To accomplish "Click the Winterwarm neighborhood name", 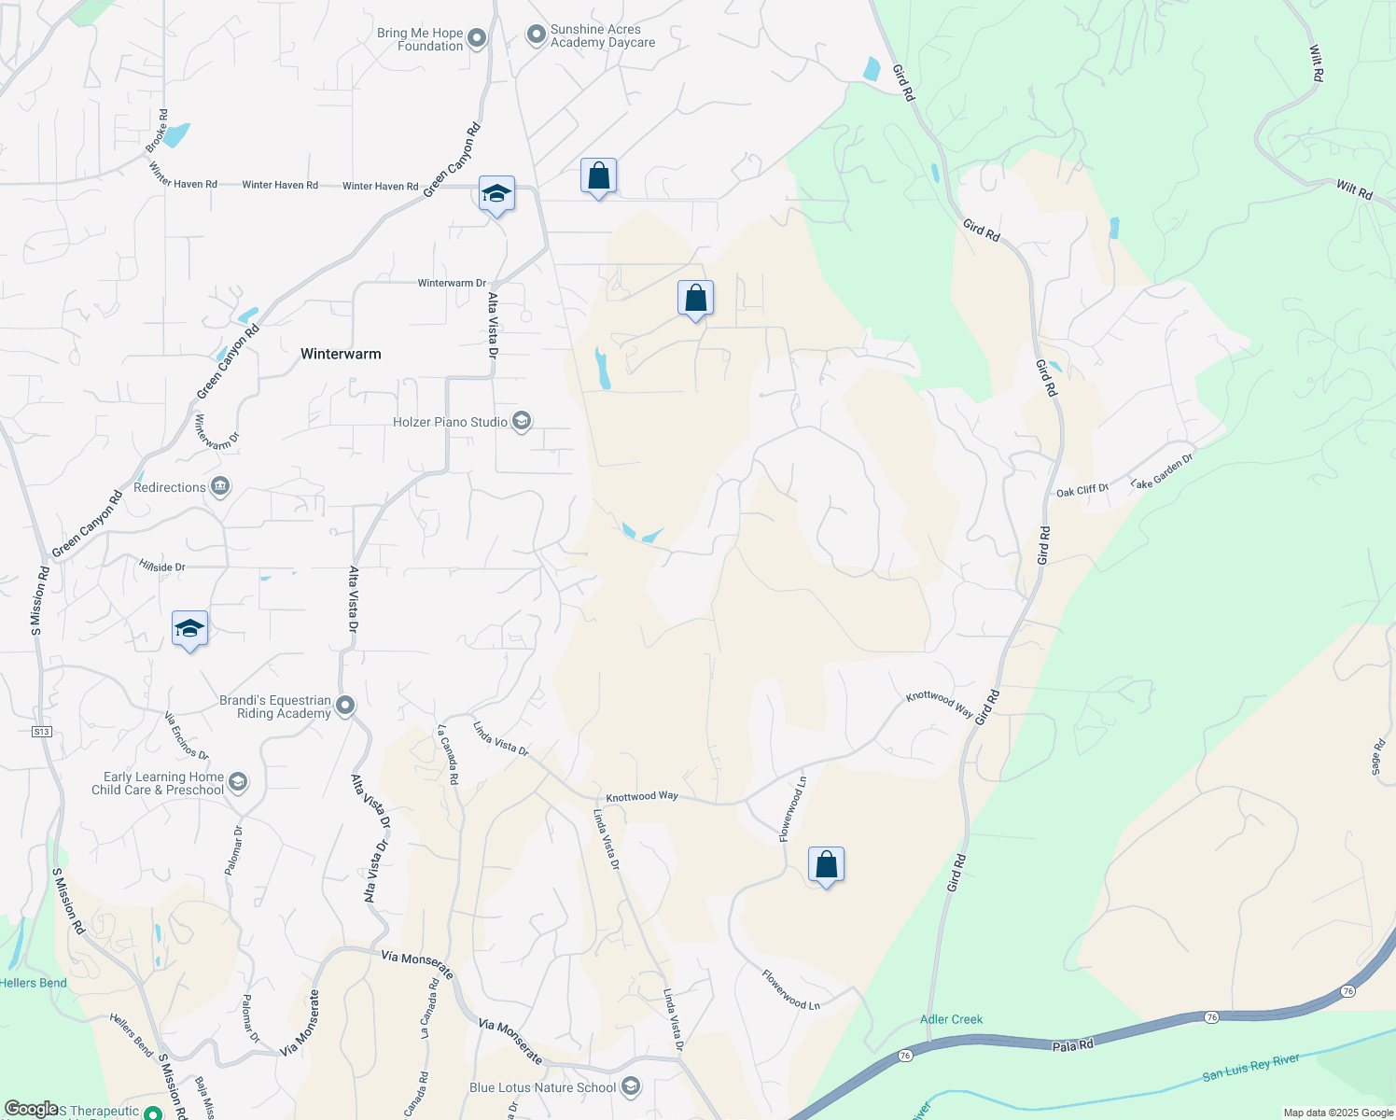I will pyautogui.click(x=341, y=354).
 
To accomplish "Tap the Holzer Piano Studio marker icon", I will pyautogui.click(x=522, y=422).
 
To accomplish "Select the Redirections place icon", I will pyautogui.click(x=220, y=487).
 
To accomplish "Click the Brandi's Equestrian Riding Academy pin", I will pyautogui.click(x=345, y=706).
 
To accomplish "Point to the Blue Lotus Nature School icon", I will pyautogui.click(x=631, y=1086).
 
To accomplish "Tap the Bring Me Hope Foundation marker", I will pyautogui.click(x=477, y=38).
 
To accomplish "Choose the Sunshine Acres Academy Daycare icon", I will pyautogui.click(x=537, y=35).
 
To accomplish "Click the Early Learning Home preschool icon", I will pyautogui.click(x=238, y=782).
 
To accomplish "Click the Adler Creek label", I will pyautogui.click(x=951, y=1019).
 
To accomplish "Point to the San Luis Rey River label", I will pyautogui.click(x=1250, y=1068).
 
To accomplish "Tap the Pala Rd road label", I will pyautogui.click(x=1072, y=1046).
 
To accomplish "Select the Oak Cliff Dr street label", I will pyautogui.click(x=1082, y=490).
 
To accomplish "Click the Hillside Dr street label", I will pyautogui.click(x=162, y=567).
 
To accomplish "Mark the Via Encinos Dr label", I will pyautogui.click(x=186, y=735).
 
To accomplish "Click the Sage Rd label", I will pyautogui.click(x=1378, y=757).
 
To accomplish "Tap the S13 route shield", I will pyautogui.click(x=41, y=732).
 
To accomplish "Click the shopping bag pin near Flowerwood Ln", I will pyautogui.click(x=826, y=865).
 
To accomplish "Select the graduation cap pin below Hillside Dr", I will pyautogui.click(x=189, y=629).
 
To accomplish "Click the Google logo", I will pyautogui.click(x=31, y=1109).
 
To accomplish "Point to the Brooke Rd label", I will pyautogui.click(x=157, y=132).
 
